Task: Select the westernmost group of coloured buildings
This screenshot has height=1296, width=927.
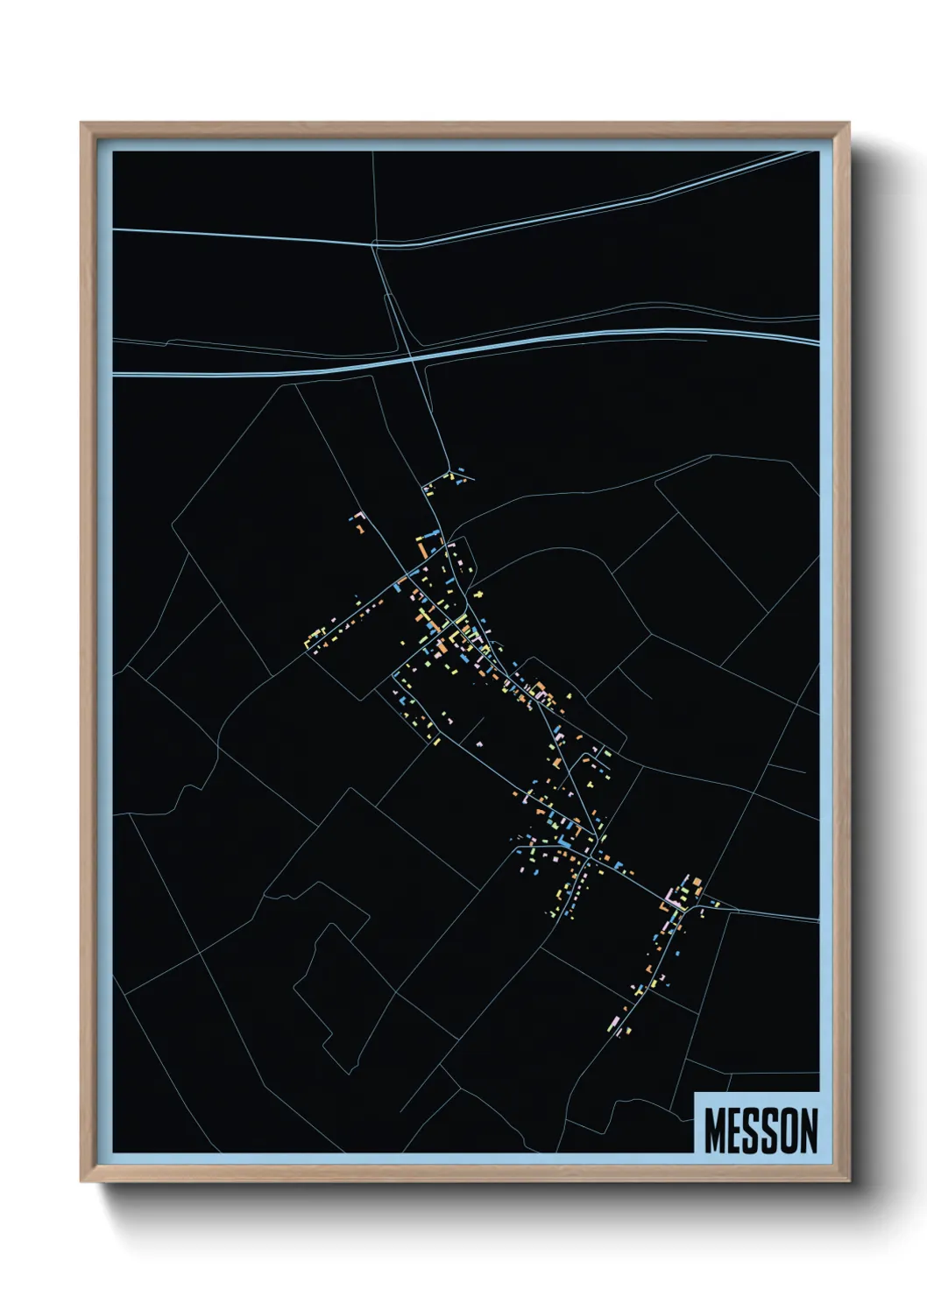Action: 317,637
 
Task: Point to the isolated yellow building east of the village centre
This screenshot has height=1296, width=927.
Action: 479,595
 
